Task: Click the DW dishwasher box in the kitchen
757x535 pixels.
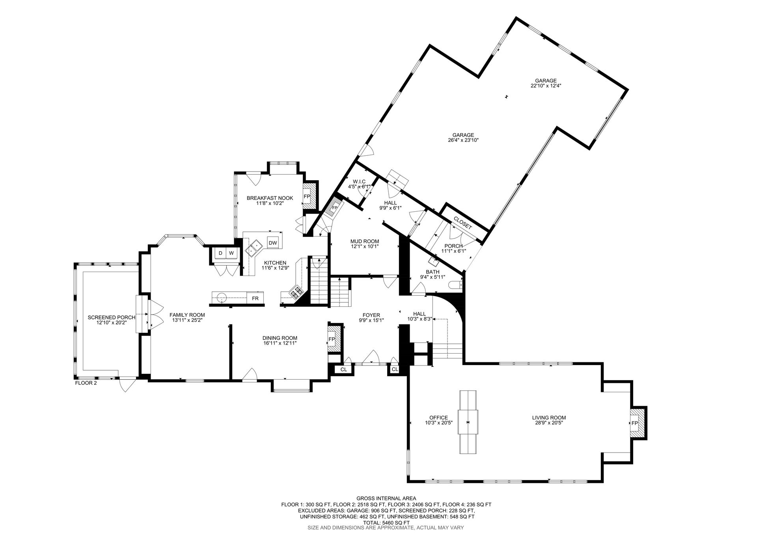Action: pyautogui.click(x=273, y=243)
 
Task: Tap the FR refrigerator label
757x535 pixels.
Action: pyautogui.click(x=255, y=298)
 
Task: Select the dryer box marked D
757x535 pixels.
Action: pyautogui.click(x=220, y=253)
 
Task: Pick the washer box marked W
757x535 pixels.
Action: pyautogui.click(x=231, y=253)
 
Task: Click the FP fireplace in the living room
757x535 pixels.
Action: pyautogui.click(x=634, y=423)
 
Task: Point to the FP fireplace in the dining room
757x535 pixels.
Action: pyautogui.click(x=332, y=339)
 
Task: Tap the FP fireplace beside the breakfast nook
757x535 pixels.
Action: pyautogui.click(x=307, y=196)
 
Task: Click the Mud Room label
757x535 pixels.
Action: pyautogui.click(x=364, y=241)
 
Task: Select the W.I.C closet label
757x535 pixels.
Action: pyautogui.click(x=359, y=181)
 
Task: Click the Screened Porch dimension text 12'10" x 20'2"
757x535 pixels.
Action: pyautogui.click(x=111, y=322)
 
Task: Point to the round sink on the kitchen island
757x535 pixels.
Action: pyautogui.click(x=222, y=296)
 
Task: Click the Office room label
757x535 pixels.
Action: pyautogui.click(x=438, y=418)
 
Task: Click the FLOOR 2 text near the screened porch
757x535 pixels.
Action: pyautogui.click(x=86, y=382)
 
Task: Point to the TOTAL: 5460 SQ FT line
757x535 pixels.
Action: pyautogui.click(x=386, y=522)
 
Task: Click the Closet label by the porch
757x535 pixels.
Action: pyautogui.click(x=462, y=223)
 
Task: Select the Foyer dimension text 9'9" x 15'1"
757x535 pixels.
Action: pyautogui.click(x=371, y=320)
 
